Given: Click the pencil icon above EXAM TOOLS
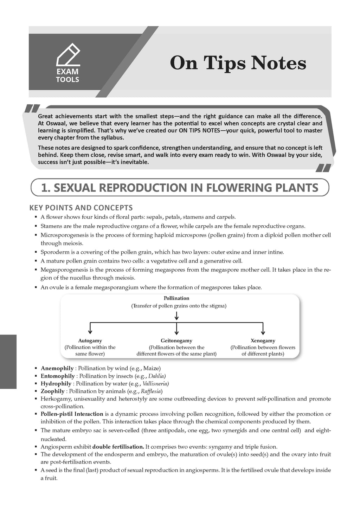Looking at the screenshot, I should point(69,54).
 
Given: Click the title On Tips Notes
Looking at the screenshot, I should point(238,64).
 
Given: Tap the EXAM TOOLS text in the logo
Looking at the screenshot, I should point(68,76).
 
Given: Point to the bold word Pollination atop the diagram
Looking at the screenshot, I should point(176,298).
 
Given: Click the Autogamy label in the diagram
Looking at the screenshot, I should point(90,340).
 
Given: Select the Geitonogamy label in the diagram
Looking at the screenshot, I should point(176,340).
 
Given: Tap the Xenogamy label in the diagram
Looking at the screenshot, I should point(263,340).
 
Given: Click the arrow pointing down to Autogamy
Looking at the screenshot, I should point(90,329).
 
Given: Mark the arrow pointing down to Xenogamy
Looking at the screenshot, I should point(263,329).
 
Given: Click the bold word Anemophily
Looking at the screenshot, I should point(57,368).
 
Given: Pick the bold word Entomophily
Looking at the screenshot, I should point(58,376).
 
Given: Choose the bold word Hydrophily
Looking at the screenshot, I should point(56,383).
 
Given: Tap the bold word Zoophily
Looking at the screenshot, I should point(53,391).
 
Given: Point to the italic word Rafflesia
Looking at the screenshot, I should point(151,391).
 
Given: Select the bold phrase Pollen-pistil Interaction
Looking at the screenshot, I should point(72,414).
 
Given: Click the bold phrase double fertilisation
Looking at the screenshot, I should point(118,447).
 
